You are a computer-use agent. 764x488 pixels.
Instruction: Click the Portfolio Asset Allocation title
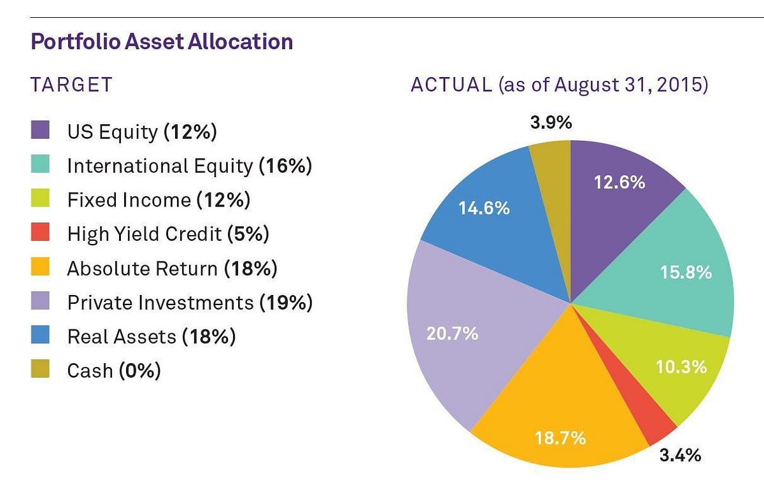point(162,42)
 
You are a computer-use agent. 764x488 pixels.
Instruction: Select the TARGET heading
point(71,85)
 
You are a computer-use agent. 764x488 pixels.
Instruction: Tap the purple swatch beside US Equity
point(40,131)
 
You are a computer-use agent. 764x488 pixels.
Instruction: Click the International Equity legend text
point(189,166)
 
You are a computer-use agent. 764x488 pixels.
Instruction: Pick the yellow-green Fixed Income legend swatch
point(40,200)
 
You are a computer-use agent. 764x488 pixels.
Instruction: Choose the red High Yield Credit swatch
point(40,234)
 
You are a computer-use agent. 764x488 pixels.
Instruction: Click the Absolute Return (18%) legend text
point(172,269)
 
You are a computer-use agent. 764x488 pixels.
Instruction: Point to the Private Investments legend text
point(190,303)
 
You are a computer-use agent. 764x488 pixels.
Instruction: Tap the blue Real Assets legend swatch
point(40,336)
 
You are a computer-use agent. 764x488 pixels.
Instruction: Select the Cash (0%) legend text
point(114,371)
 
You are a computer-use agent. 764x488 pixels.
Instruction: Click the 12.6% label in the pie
point(619,183)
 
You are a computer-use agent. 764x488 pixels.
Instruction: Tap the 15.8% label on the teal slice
point(686,273)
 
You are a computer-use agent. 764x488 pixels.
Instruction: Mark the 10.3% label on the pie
point(681,367)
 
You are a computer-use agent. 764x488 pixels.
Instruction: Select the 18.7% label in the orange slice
point(560,439)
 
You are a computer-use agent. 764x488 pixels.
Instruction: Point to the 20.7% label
point(452,333)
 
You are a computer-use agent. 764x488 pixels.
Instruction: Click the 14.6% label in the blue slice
point(484,208)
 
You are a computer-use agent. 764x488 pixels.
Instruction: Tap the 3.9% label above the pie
point(551,123)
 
